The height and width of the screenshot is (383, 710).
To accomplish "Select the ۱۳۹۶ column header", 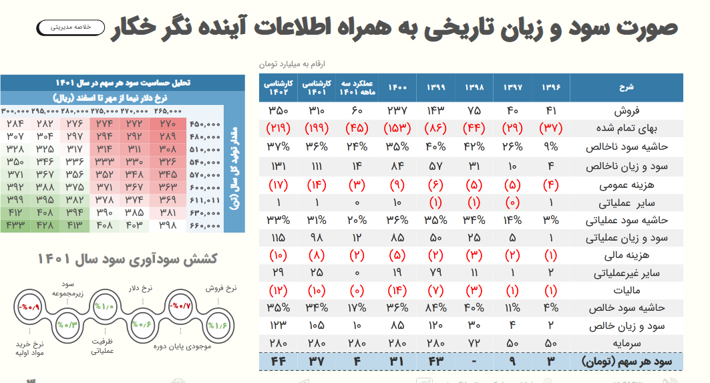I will tap(551, 87).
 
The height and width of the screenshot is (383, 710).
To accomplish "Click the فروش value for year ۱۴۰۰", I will tap(397, 110).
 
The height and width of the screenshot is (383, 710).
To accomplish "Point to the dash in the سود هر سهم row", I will tap(474, 362).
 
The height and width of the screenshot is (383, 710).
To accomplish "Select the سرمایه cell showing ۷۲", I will tap(474, 344).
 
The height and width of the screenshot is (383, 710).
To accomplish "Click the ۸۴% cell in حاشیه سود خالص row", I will tap(435, 308).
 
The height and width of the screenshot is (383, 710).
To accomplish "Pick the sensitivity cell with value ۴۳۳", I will tap(15, 225).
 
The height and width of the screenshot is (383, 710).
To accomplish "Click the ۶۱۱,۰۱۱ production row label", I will tap(205, 200).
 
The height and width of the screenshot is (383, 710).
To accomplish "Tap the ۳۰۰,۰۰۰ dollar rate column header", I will tap(15, 111).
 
